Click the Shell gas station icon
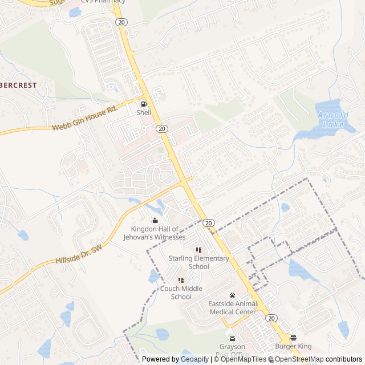143,104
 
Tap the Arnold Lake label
331,119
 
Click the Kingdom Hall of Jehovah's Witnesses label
155,233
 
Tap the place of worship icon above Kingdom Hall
155,220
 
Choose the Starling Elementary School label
198,262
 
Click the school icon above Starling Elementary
198,250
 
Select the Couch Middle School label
181,293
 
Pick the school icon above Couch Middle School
181,280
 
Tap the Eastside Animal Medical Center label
232,308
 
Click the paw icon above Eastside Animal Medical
232,295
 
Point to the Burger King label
293,346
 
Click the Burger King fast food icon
293,338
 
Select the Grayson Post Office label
232,350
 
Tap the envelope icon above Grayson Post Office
232,338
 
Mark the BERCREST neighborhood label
18,85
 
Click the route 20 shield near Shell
162,129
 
